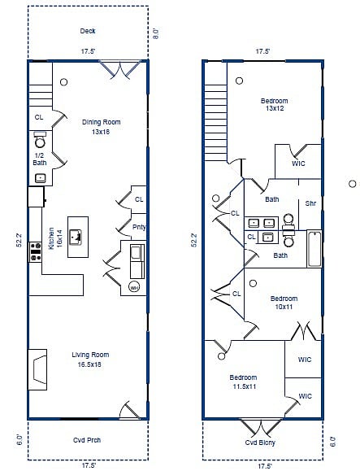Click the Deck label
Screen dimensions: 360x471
88,31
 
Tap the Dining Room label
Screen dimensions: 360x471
101,122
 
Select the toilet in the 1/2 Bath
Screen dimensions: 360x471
40,139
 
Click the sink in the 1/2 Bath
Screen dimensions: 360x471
40,178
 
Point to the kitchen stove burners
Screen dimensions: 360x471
36,251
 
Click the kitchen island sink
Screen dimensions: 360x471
76,237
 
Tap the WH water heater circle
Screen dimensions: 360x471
134,287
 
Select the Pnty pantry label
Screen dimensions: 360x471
139,227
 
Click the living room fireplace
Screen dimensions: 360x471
37,369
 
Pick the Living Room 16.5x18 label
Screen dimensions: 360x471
90,360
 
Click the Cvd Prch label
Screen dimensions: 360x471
87,440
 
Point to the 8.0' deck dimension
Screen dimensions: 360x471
156,33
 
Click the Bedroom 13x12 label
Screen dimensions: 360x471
274,105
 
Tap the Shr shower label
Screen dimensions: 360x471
310,203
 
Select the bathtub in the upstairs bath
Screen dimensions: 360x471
314,249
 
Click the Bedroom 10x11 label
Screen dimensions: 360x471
284,303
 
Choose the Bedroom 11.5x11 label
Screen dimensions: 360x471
243,382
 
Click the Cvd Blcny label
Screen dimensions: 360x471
260,443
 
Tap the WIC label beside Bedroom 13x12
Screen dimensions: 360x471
298,164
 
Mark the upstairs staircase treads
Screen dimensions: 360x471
215,123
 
